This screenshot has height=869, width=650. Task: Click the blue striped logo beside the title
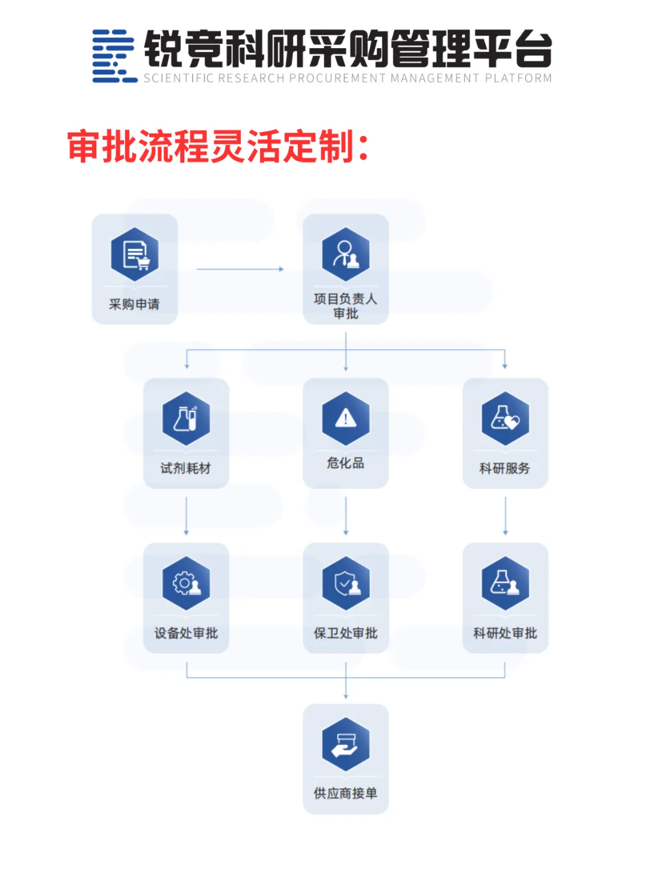[113, 55]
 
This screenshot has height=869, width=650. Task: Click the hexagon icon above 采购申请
[135, 254]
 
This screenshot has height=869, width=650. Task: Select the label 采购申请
[134, 304]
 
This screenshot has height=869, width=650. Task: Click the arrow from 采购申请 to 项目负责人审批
[240, 269]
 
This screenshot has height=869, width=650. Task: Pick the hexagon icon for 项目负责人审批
[345, 254]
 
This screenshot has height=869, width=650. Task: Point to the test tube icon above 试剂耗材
[186, 419]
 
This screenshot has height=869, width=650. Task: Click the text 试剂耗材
[185, 469]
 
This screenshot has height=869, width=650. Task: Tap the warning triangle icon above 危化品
[345, 418]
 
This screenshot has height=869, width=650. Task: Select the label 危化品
[345, 463]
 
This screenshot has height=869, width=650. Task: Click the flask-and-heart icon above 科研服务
[505, 419]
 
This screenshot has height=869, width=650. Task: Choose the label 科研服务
[504, 469]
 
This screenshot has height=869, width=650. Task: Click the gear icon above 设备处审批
[186, 583]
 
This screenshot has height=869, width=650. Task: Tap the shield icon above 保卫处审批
[345, 583]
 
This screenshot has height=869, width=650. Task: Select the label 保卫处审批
[345, 633]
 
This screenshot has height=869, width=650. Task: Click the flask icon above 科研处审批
[505, 583]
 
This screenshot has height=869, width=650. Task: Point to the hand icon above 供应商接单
[345, 744]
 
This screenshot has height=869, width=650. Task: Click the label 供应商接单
[345, 794]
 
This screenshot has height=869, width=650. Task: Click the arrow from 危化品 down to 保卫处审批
[345, 515]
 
